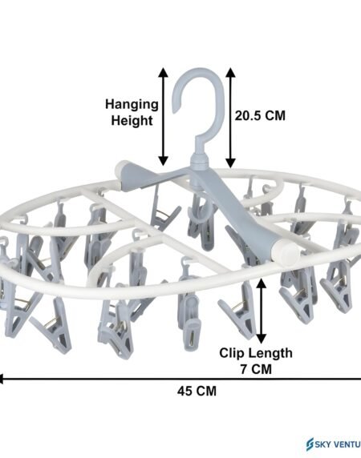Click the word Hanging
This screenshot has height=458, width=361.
tap(132, 105)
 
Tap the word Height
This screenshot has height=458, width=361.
tap(132, 121)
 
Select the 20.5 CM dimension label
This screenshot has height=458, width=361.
tap(260, 115)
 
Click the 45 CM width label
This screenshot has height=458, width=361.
tap(197, 391)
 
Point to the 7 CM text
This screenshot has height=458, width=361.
tap(256, 369)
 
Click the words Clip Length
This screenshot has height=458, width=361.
tap(256, 353)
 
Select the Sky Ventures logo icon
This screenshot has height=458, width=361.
tap(310, 444)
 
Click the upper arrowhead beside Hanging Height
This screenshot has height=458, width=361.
tap(163, 72)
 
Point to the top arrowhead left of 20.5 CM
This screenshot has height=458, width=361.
tap(230, 72)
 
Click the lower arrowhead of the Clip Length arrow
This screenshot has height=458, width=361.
tap(262, 339)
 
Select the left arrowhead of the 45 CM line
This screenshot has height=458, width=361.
tap(1, 380)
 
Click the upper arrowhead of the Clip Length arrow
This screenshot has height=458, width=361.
tap(262, 283)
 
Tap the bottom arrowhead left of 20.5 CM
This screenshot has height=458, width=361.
tap(230, 163)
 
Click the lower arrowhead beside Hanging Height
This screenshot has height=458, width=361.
tap(163, 161)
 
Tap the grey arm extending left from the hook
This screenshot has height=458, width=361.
tap(153, 175)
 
